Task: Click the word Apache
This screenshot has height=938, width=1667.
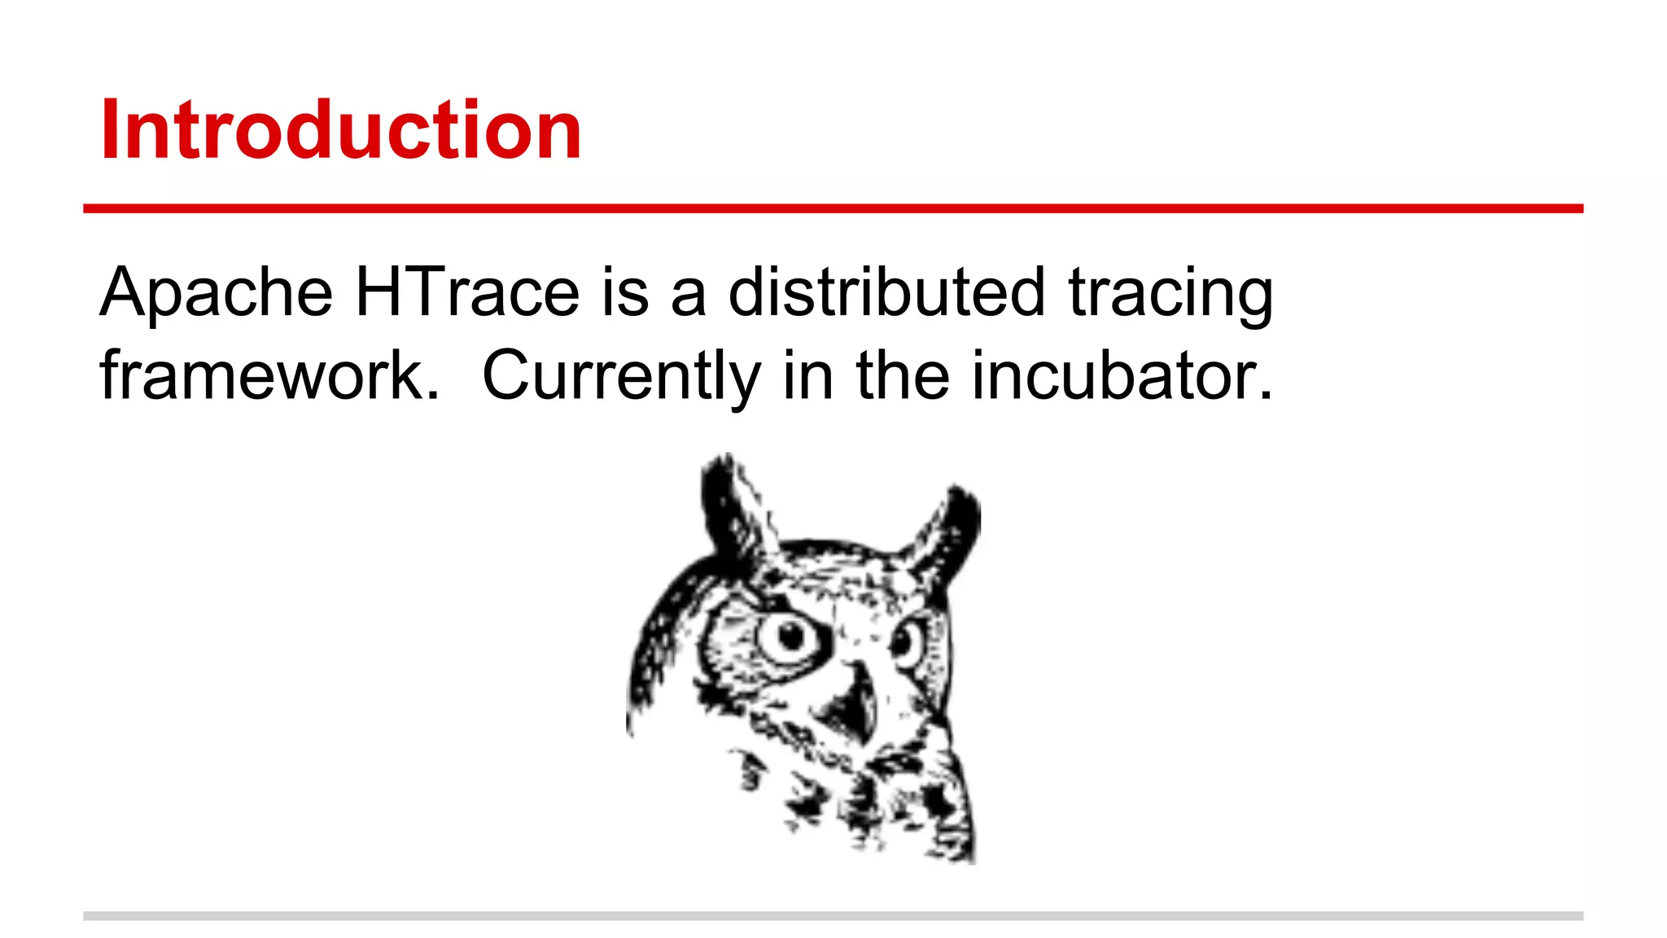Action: [216, 292]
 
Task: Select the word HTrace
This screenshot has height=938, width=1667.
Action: [467, 292]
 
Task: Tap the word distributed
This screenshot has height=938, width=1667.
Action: [886, 292]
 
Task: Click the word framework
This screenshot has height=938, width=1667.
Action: [269, 376]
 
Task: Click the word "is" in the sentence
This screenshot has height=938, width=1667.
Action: [625, 292]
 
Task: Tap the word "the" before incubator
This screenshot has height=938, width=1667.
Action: [902, 376]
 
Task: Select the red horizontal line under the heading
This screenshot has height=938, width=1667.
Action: [833, 209]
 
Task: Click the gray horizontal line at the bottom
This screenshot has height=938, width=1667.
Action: [833, 916]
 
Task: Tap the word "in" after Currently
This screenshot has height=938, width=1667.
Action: [807, 376]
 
